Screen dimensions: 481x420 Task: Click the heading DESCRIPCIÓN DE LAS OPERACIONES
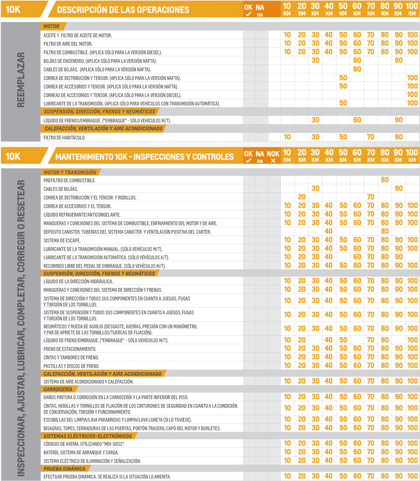(123, 10)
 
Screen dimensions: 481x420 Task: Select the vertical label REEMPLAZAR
(21, 80)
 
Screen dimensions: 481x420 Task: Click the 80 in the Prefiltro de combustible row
(385, 180)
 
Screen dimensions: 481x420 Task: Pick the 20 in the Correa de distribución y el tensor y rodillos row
(302, 197)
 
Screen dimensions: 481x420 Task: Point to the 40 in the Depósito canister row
(329, 231)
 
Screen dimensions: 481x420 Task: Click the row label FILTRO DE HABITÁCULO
(64, 138)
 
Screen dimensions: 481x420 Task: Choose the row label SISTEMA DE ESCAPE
(62, 240)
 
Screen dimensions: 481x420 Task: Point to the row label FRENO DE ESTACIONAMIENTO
(70, 349)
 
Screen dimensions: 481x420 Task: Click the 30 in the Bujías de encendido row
(315, 61)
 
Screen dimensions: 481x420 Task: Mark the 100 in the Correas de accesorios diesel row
(412, 95)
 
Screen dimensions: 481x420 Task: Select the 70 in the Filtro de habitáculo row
(370, 137)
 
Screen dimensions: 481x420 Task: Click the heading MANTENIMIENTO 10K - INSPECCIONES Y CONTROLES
(144, 157)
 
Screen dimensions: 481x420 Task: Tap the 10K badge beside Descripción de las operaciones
(13, 10)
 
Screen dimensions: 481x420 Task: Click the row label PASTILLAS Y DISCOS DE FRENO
(71, 366)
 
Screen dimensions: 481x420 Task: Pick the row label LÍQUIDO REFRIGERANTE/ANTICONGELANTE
(82, 215)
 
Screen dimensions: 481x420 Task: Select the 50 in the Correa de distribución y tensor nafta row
(343, 78)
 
